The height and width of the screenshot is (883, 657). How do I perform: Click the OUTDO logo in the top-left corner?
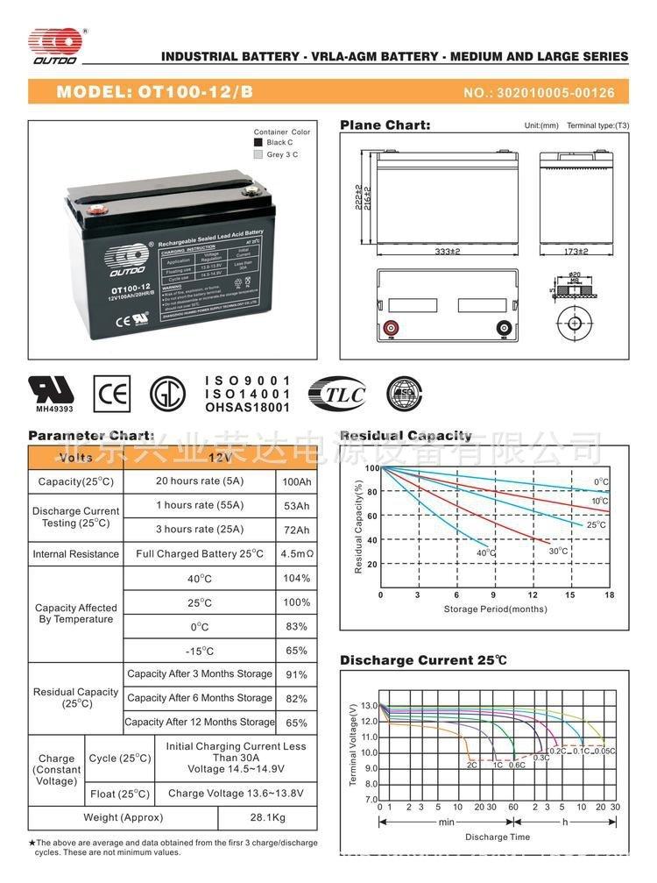point(54,46)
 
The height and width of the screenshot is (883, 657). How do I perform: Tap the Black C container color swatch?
point(258,142)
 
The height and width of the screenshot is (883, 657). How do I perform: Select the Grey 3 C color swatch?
point(258,154)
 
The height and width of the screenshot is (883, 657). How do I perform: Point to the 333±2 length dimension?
point(448,252)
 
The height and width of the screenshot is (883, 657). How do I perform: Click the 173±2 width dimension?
point(575,252)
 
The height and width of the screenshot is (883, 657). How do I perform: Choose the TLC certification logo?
point(338,394)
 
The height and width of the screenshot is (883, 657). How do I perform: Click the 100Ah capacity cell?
point(296,481)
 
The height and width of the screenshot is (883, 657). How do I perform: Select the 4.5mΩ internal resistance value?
point(296,553)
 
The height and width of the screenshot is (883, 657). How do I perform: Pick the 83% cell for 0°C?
point(296,626)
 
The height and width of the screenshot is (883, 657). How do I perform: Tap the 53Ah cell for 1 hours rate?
point(296,506)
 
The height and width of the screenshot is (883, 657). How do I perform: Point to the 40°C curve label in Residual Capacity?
point(485,552)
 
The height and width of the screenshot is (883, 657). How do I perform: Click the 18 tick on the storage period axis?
point(609,595)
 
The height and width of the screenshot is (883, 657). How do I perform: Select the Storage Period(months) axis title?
point(495,609)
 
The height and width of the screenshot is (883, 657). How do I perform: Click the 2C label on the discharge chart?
point(471,765)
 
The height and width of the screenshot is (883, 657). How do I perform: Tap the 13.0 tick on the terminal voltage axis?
point(368,705)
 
